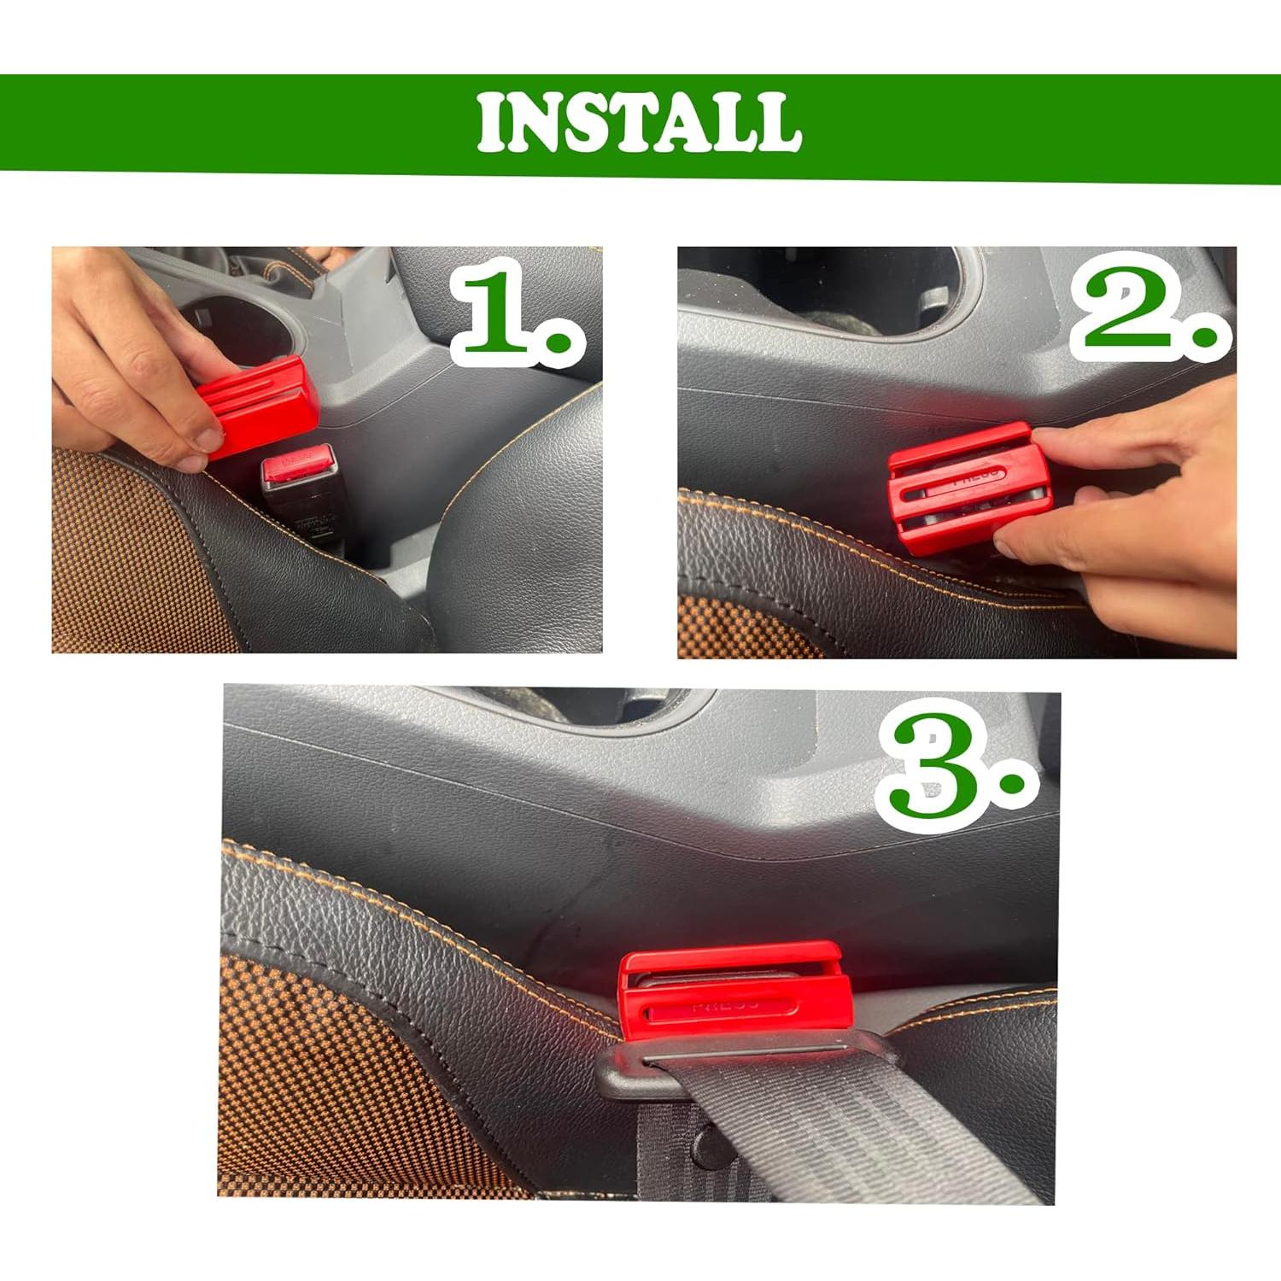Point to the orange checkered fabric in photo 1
[x=120, y=555]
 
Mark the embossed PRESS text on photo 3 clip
[x=725, y=1005]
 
